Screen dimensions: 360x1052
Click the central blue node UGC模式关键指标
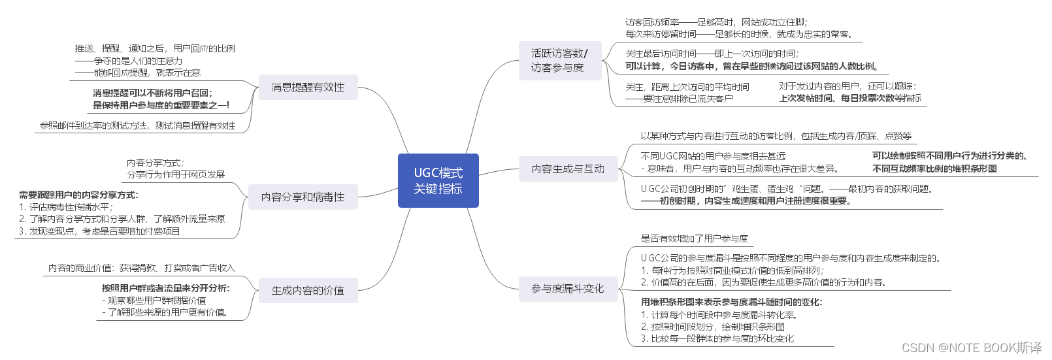point(438,181)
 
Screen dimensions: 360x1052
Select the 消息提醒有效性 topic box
point(308,88)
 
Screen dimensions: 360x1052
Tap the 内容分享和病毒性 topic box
point(303,197)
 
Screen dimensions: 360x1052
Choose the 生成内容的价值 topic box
point(308,291)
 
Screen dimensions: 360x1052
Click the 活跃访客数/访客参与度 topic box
point(559,61)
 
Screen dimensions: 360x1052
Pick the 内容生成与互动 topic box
point(568,169)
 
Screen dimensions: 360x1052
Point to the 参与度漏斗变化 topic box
point(568,289)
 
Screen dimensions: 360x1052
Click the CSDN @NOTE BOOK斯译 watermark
point(971,348)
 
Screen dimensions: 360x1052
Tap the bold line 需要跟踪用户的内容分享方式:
point(78,195)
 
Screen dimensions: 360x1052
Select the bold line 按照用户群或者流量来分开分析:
point(166,288)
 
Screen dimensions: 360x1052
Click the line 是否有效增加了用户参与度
point(694,238)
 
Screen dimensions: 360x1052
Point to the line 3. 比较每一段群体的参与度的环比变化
point(717,338)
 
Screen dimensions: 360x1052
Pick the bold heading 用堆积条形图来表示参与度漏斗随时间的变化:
point(731,302)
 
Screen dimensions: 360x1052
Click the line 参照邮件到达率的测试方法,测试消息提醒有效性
point(137,125)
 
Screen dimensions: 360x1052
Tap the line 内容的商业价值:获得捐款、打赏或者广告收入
point(141,268)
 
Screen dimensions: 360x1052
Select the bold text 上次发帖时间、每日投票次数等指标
point(849,98)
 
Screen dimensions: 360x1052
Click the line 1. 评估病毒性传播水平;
point(66,207)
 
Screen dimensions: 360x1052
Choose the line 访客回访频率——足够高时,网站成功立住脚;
point(716,22)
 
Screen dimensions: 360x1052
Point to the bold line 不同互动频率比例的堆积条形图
point(934,169)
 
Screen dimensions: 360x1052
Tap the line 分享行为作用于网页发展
point(176,174)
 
